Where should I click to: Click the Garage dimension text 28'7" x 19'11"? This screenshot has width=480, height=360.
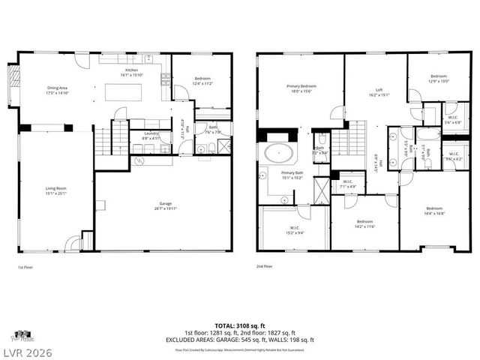tap(165, 206)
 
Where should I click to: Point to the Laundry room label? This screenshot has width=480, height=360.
tap(151, 136)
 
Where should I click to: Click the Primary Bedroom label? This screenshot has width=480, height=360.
tap(301, 88)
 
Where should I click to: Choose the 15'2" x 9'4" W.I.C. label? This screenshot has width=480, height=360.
tap(295, 230)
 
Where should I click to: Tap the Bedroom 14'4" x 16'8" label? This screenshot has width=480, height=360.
tap(434, 211)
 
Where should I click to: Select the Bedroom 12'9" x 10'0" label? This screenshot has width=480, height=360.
tap(438, 79)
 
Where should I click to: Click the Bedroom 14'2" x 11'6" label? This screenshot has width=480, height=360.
tap(364, 223)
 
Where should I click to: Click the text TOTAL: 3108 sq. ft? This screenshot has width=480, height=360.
tap(240, 325)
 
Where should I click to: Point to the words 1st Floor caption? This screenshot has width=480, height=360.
tap(25, 266)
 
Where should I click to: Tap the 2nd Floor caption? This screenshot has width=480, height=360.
tap(265, 266)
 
